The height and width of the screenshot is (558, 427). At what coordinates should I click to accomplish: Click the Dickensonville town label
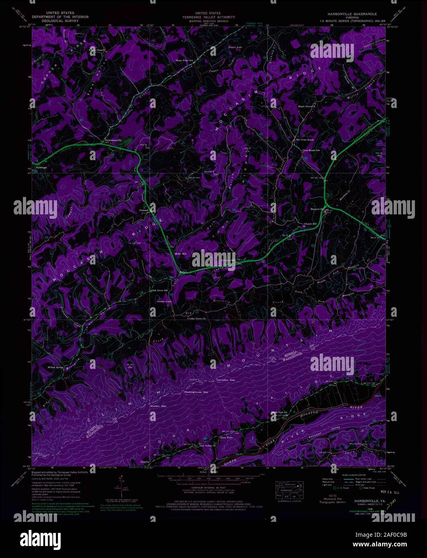coord(113,140)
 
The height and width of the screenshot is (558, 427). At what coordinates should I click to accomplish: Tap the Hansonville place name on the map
coord(317,209)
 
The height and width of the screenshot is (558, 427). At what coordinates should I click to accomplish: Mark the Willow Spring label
coord(56,367)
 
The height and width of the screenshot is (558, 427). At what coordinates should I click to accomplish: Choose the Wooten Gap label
coord(158,406)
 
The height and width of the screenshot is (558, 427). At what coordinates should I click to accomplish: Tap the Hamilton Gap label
coord(225,380)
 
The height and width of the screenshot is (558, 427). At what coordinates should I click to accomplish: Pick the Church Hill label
coord(310,224)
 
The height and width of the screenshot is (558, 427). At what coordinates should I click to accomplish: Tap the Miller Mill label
coord(181,254)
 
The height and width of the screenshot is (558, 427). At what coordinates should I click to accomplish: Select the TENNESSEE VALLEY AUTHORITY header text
coord(208,17)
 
